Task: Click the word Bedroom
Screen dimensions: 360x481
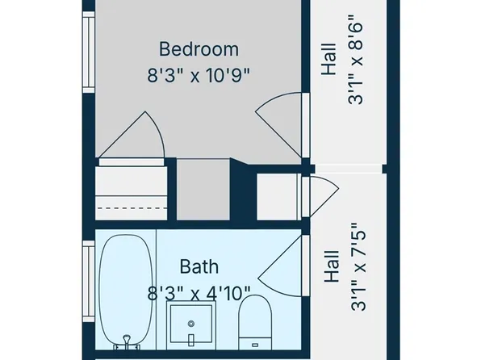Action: click(199, 48)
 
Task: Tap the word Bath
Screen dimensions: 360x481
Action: click(199, 265)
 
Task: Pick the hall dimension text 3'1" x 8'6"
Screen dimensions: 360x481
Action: click(357, 63)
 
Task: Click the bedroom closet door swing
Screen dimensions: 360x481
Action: click(134, 138)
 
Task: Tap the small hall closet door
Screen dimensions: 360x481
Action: click(320, 195)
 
